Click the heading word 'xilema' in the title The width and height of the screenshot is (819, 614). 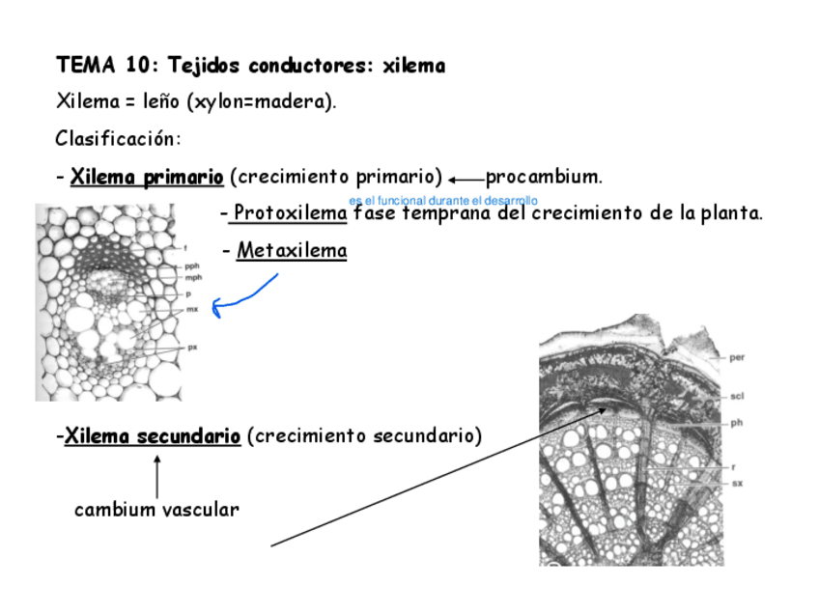click(414, 67)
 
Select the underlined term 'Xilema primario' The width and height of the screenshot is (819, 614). click(147, 177)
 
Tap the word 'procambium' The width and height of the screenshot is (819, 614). click(542, 177)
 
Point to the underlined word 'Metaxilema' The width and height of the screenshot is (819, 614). click(292, 251)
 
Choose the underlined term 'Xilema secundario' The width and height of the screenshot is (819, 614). click(152, 436)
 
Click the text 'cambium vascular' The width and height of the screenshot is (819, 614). click(156, 510)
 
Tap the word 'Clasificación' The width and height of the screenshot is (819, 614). click(117, 138)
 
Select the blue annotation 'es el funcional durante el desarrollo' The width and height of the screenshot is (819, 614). click(443, 200)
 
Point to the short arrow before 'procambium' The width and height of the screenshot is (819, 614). click(466, 179)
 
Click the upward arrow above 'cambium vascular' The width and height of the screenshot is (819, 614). click(156, 476)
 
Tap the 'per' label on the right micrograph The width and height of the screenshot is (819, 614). click(737, 357)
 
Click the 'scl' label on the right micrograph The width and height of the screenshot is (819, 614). click(737, 395)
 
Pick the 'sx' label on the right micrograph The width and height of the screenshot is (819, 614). click(736, 482)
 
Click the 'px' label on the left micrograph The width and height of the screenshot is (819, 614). click(192, 348)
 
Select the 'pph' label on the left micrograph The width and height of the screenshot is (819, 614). click(192, 266)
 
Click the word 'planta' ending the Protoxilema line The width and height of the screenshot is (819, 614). click(732, 212)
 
